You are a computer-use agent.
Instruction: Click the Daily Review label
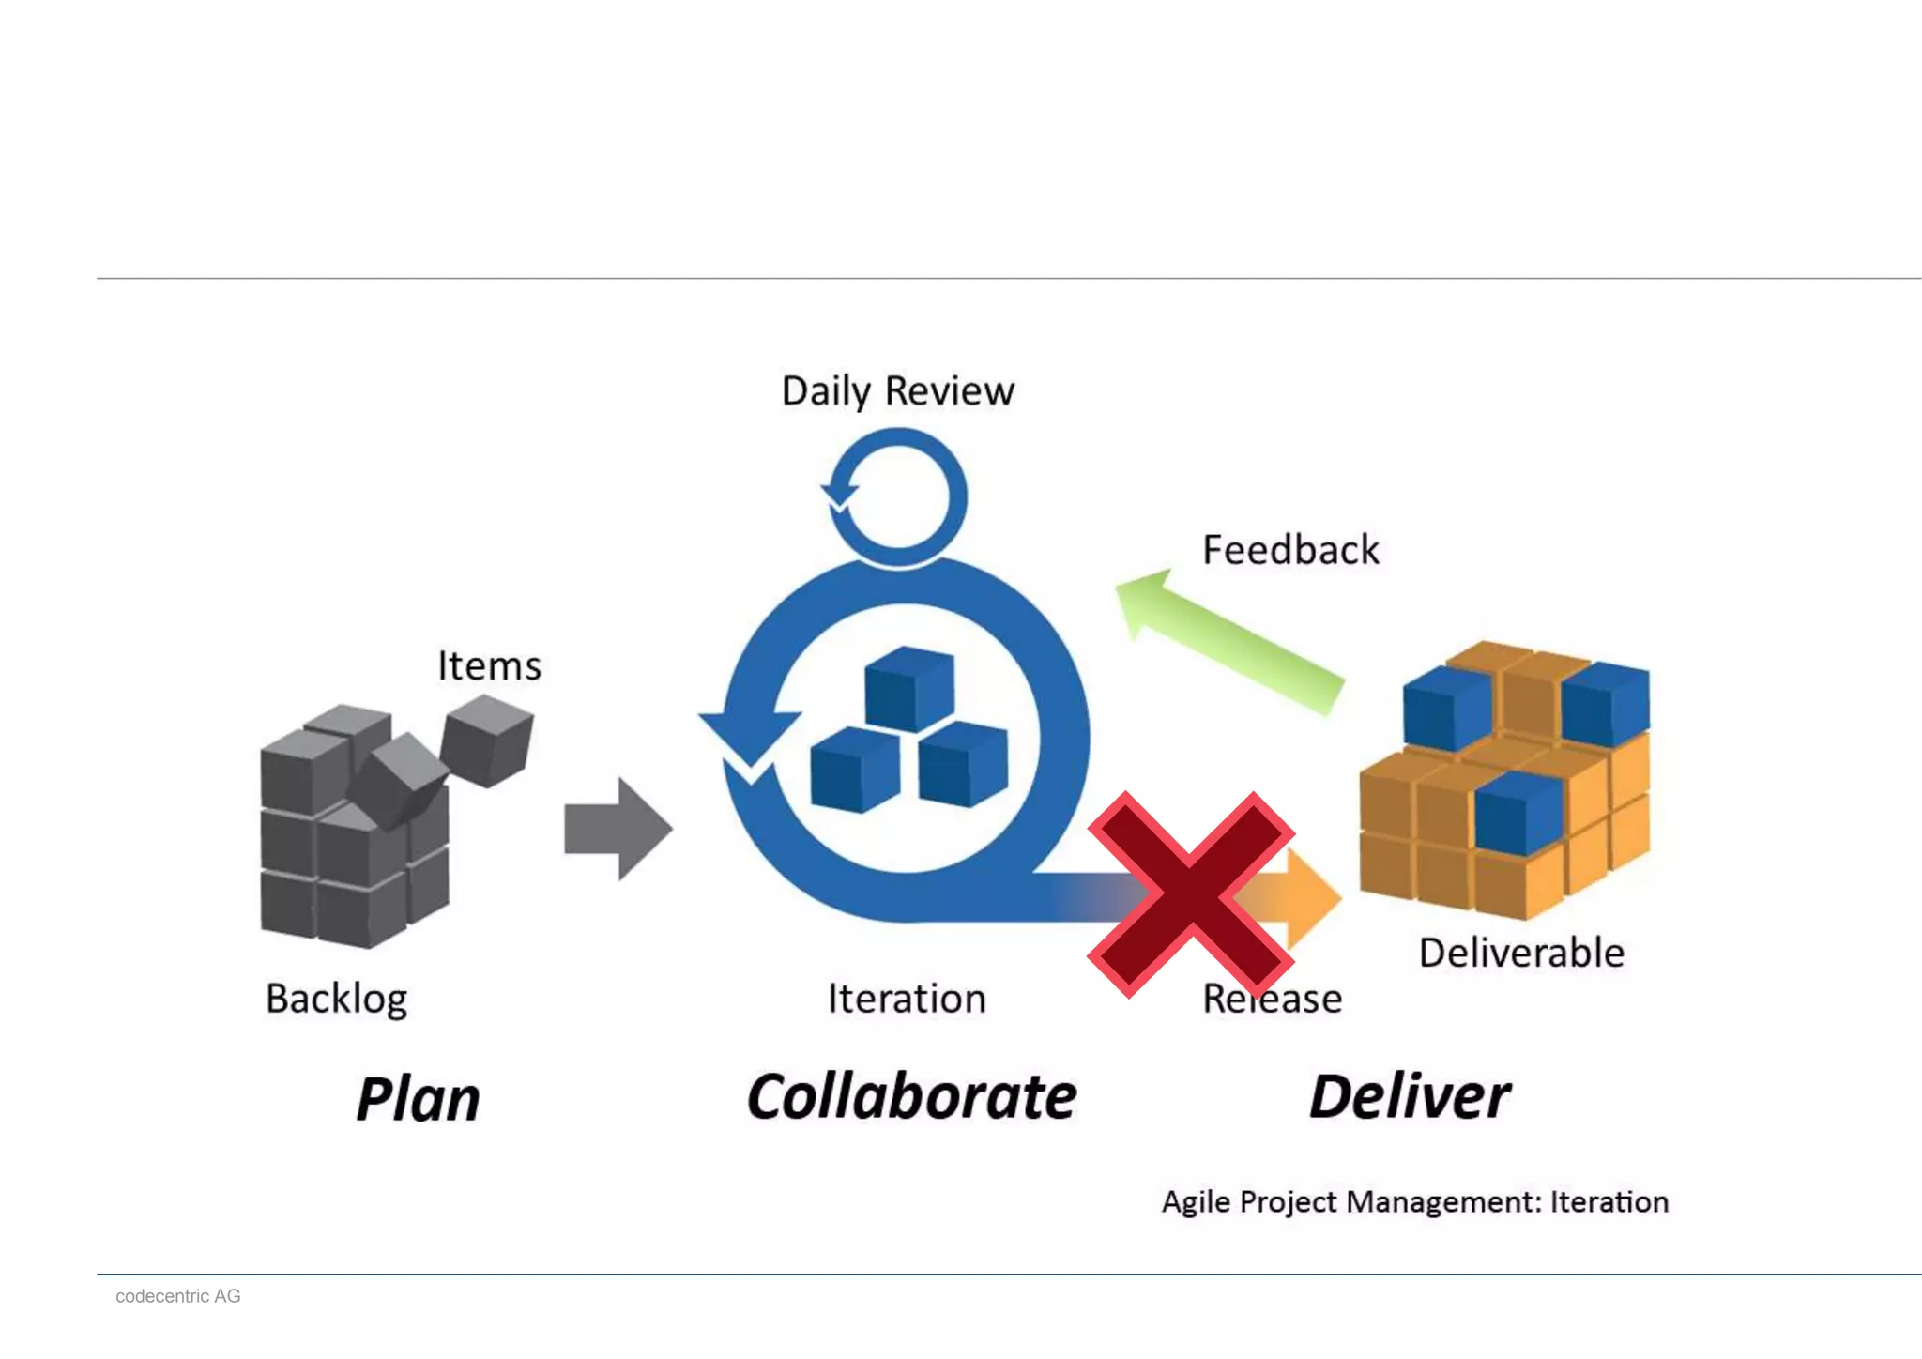tap(897, 391)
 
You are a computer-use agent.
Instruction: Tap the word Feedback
tap(1290, 550)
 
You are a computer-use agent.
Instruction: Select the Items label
tap(489, 666)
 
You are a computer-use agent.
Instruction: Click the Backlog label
tap(336, 999)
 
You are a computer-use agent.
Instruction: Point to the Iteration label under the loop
tap(907, 999)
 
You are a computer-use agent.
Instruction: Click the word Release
tap(1273, 999)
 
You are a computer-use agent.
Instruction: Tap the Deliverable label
tap(1521, 954)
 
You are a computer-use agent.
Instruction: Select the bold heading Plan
tap(418, 1099)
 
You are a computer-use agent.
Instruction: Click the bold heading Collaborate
tap(911, 1097)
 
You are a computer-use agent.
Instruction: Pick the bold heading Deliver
tap(1410, 1097)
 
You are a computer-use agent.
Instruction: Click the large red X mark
tap(1191, 893)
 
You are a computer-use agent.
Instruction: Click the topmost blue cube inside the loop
tap(908, 688)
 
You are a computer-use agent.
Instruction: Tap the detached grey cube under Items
tap(486, 741)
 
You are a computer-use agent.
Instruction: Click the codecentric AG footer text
tap(178, 1296)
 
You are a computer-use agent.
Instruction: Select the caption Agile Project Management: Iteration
tap(1415, 1202)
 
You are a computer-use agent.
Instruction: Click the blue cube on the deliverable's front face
tap(1516, 812)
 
